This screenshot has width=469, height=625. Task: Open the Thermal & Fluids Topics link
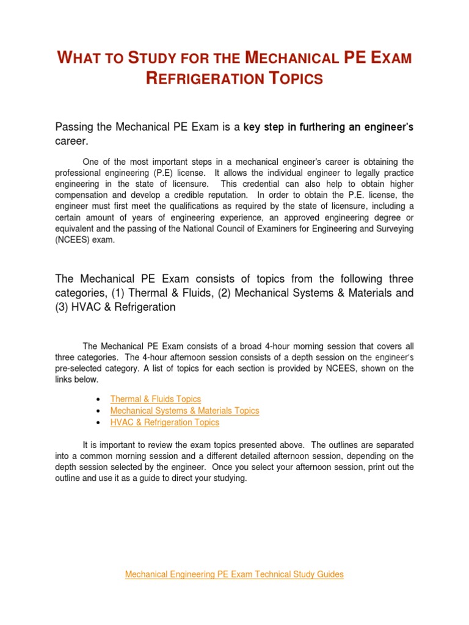155,399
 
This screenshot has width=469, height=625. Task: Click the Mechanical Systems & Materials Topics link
184,411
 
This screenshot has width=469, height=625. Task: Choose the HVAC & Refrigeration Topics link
164,422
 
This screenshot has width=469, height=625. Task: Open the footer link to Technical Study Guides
234,574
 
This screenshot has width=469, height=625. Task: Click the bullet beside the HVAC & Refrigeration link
99,423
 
